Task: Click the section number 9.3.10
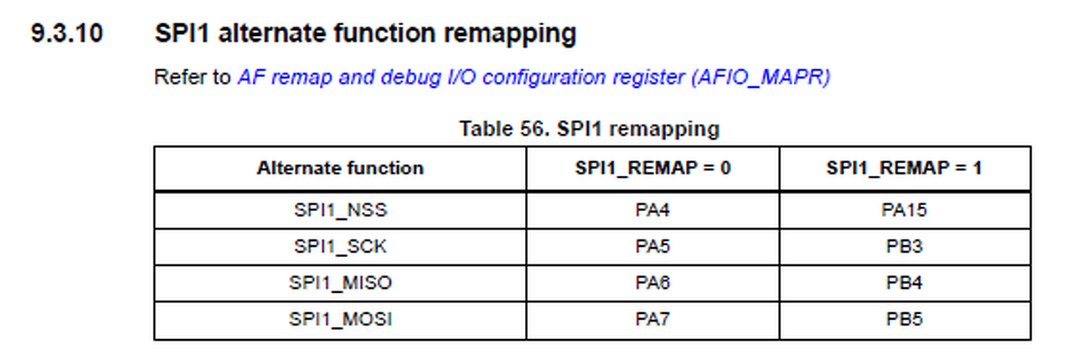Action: (67, 34)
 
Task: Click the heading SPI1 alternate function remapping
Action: (365, 34)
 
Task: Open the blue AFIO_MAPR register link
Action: (533, 78)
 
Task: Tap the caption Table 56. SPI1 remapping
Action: (589, 129)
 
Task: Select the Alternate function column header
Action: (340, 168)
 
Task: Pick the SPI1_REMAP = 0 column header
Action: (652, 168)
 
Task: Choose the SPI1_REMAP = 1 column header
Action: (904, 168)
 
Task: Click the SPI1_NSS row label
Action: (340, 210)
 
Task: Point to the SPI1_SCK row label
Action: (340, 247)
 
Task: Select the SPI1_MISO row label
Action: (340, 283)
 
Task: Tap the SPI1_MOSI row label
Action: (340, 320)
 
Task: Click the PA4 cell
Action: (652, 210)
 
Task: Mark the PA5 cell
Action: (652, 247)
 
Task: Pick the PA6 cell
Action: (652, 283)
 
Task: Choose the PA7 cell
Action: (652, 320)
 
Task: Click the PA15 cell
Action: (904, 210)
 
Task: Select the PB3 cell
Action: (904, 247)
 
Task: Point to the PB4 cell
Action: (904, 283)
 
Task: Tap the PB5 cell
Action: (904, 320)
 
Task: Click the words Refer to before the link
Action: (192, 78)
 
